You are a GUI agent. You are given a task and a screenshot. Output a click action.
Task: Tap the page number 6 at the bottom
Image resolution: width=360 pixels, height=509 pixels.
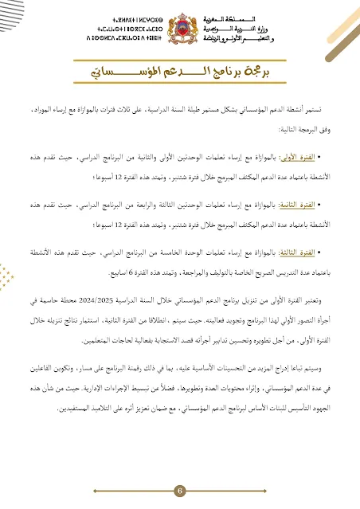tap(180, 490)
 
